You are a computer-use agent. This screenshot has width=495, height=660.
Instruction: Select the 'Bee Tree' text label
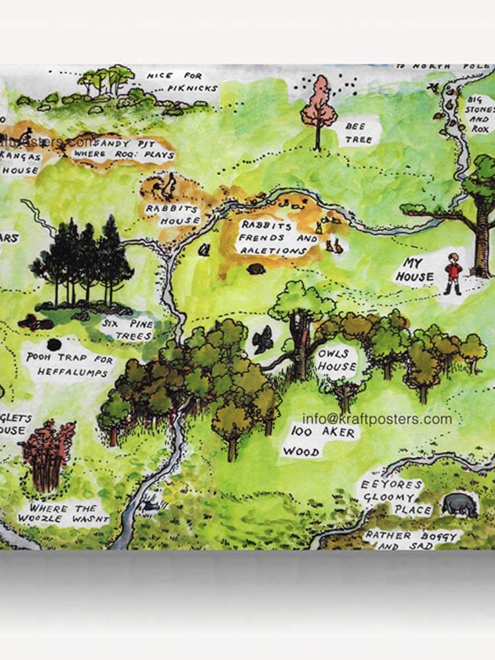coord(360,132)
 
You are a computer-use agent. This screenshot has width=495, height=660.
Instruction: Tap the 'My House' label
coord(414,270)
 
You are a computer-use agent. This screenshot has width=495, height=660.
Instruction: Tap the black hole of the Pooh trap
coord(55,345)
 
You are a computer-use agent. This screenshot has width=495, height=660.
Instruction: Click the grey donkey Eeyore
coord(460,504)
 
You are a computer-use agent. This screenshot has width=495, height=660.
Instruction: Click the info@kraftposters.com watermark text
coord(377,419)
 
